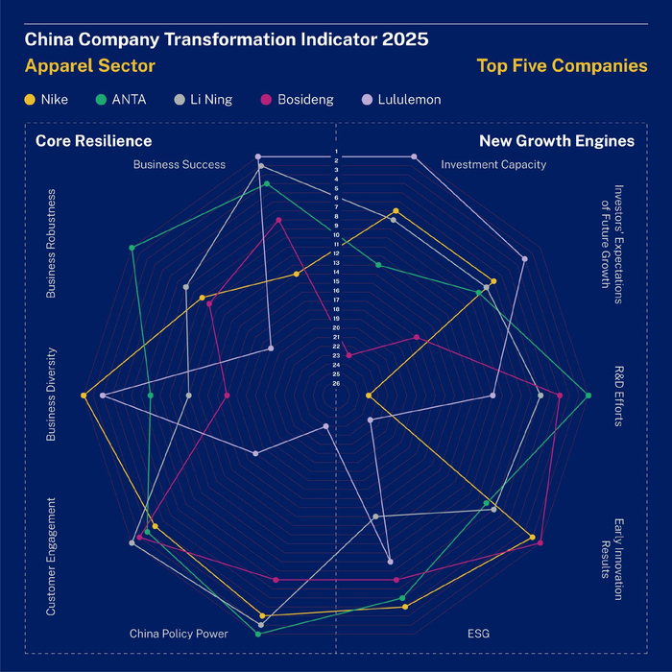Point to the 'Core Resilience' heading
click(x=94, y=141)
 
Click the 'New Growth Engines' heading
click(x=557, y=141)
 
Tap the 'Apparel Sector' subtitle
click(x=89, y=66)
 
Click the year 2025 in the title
click(x=404, y=40)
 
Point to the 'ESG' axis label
click(x=477, y=634)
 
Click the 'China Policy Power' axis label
click(x=179, y=634)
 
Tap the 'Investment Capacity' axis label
click(x=493, y=164)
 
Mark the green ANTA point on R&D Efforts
click(x=588, y=396)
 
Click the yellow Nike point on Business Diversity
click(x=84, y=396)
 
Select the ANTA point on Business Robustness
click(x=132, y=248)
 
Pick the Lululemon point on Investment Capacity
click(x=414, y=156)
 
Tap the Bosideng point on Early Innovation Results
click(x=540, y=543)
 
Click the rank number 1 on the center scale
click(x=336, y=152)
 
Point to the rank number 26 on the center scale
click(x=336, y=383)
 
